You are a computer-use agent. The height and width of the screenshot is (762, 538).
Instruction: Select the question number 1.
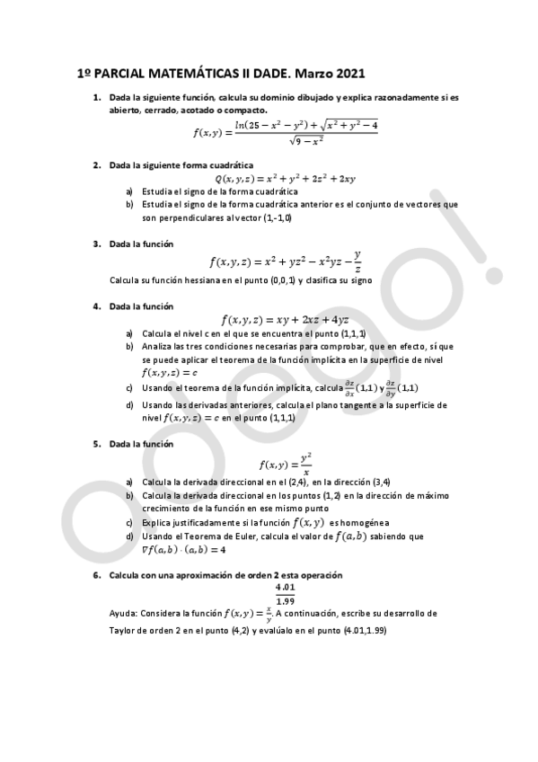coord(96,97)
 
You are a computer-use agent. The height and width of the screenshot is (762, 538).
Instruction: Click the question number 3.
coord(96,244)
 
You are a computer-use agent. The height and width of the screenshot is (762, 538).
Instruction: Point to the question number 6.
coord(96,574)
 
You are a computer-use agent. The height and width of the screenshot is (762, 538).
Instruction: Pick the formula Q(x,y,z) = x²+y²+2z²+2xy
coord(286,179)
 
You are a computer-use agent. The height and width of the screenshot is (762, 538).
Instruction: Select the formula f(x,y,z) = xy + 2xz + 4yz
coord(286,319)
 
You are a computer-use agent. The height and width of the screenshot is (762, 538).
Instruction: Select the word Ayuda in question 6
coord(125,614)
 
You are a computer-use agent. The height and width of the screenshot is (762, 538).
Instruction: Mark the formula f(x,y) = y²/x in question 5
coord(286,464)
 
